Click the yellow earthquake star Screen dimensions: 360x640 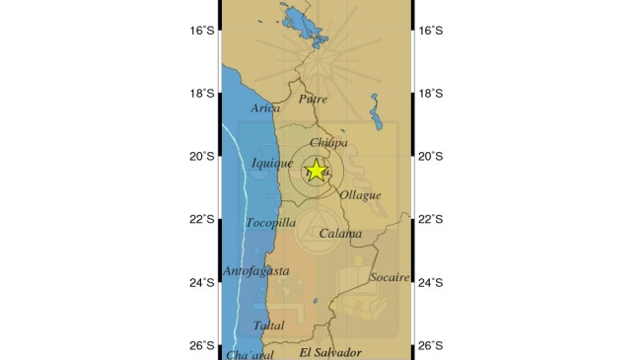point(316,170)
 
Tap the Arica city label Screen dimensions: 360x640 point(265,108)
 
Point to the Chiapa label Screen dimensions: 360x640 point(328,143)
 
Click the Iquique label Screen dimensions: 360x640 point(271,164)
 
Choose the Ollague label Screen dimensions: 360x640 point(360,195)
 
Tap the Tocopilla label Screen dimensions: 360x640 point(270,223)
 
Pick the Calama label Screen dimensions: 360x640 point(340,235)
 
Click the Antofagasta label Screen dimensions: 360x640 point(256,270)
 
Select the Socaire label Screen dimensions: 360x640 point(389,277)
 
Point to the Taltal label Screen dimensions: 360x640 point(268,325)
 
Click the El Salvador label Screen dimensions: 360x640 point(330,352)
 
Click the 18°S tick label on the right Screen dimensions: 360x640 point(430,94)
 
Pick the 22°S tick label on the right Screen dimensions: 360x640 point(430,219)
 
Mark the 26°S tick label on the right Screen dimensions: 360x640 point(430,346)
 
